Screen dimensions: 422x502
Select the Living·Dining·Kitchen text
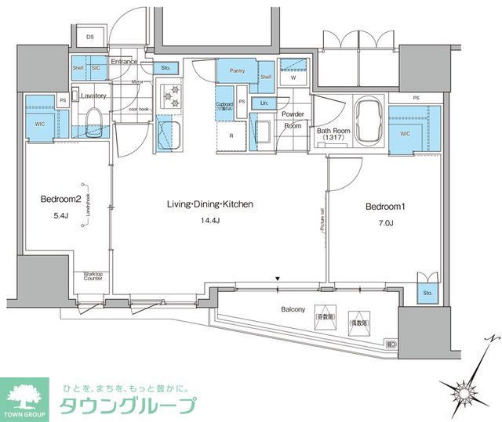click(x=209, y=204)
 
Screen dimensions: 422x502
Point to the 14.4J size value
click(x=209, y=222)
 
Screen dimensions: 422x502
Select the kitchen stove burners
click(x=170, y=98)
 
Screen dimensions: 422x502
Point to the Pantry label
click(x=238, y=71)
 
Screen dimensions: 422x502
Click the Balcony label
click(x=293, y=310)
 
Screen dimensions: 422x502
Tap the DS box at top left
click(x=89, y=37)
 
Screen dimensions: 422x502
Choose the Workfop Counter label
click(x=93, y=277)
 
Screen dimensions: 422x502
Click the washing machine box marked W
click(x=293, y=76)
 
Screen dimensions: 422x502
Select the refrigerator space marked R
click(x=231, y=135)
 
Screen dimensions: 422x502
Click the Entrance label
click(x=124, y=61)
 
